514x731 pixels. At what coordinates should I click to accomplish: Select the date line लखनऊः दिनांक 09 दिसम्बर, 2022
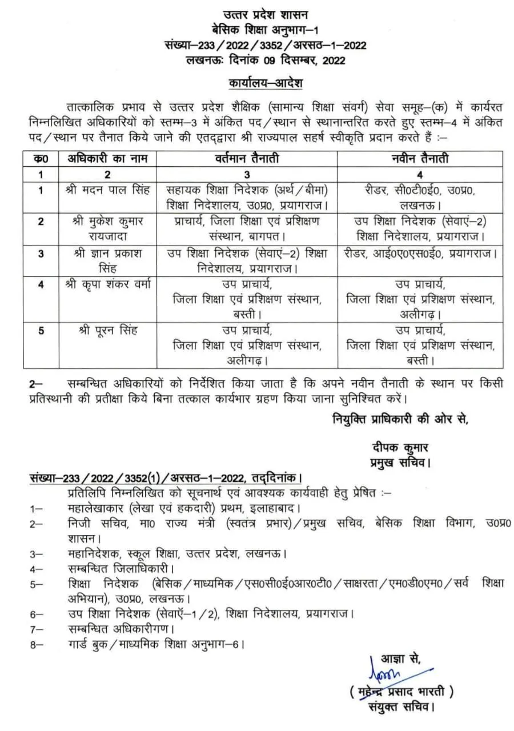pyautogui.click(x=265, y=59)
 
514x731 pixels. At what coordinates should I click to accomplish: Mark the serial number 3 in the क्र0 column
pyautogui.click(x=41, y=254)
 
